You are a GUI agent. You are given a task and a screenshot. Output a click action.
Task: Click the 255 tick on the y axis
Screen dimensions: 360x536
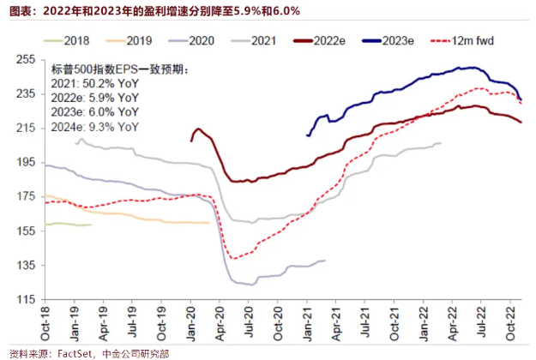pos(25,59)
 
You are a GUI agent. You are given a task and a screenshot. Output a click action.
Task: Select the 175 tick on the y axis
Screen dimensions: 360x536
pos(25,197)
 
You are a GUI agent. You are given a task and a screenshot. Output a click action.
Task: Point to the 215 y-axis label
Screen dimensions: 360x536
pos(25,128)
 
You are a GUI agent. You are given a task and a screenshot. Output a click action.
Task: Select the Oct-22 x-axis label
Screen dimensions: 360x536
pos(512,322)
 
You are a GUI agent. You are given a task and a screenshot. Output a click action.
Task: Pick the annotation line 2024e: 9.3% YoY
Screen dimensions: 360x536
pos(94,126)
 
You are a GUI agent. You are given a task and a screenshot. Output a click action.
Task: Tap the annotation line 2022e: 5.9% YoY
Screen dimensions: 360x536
pos(94,97)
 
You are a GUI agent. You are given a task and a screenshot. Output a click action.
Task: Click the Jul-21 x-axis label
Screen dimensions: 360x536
pos(366,322)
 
